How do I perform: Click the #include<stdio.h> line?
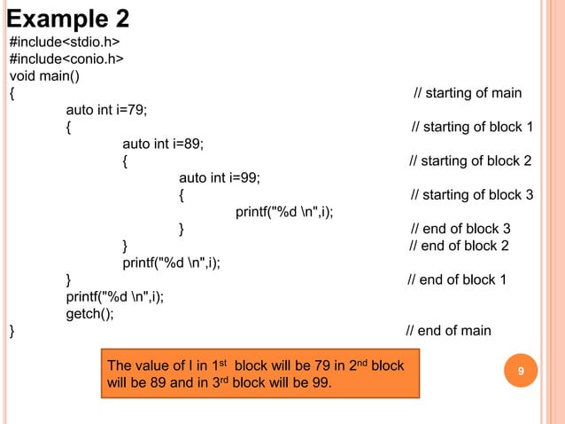64,43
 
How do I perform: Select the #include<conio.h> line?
66,59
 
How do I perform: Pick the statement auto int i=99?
220,177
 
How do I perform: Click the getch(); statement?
89,313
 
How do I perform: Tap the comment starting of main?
468,93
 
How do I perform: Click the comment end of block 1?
457,279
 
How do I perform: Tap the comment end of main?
448,331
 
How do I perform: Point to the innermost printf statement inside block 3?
290,211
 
